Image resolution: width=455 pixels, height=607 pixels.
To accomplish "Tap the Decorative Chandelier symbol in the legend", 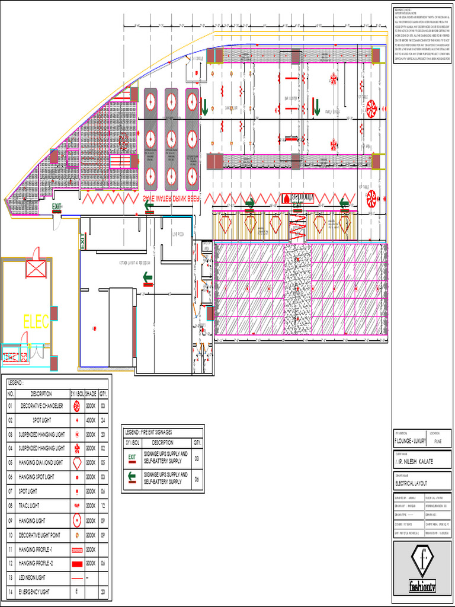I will click(x=77, y=406).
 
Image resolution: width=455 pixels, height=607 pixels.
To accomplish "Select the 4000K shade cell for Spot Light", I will click(x=91, y=420).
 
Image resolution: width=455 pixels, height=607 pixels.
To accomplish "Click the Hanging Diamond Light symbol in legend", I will click(x=77, y=462).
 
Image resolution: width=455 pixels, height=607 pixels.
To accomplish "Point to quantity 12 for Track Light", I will click(x=104, y=506).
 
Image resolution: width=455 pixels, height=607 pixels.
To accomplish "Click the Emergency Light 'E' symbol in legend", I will click(x=77, y=592).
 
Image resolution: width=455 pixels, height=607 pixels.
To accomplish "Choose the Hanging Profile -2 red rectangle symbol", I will click(x=77, y=563).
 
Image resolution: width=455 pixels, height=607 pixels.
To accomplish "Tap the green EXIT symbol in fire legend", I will click(x=133, y=458).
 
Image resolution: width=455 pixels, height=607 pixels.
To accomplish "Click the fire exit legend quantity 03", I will click(x=197, y=458).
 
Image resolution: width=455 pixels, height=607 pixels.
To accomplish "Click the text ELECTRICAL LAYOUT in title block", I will click(x=411, y=484).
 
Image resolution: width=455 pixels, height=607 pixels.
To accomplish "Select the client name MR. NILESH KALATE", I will click(x=414, y=461).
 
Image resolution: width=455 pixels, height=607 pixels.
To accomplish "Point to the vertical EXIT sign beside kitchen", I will click(x=82, y=241).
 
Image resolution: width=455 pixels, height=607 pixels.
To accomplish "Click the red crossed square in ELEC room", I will click(x=33, y=270).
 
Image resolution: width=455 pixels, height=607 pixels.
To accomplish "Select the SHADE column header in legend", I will click(x=91, y=394).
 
